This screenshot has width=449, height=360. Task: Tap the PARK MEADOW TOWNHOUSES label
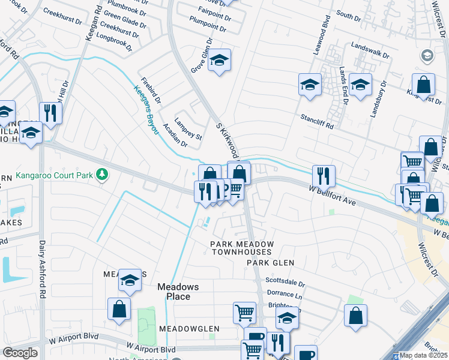click(241, 248)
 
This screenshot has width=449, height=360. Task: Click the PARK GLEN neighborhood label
click(271, 263)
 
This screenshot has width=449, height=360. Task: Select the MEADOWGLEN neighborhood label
click(189, 329)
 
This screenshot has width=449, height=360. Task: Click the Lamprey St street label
click(188, 129)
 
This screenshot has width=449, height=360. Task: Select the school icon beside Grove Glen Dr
click(220, 60)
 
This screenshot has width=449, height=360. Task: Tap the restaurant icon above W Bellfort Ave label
click(324, 175)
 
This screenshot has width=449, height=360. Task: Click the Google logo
click(20, 353)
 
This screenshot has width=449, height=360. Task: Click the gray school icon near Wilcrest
click(427, 56)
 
